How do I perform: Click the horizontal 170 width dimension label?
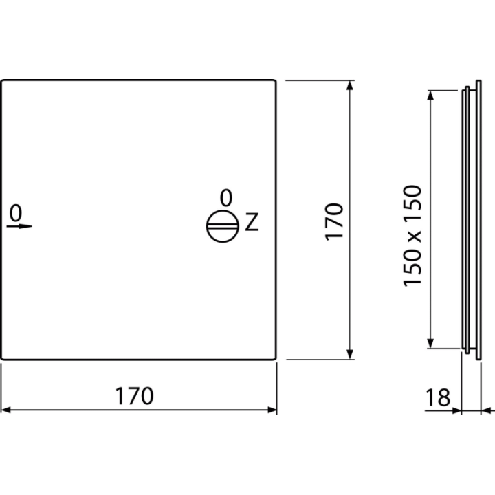tap(134, 395)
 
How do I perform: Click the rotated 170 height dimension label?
tap(334, 222)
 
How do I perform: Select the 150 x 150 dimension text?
tap(412, 236)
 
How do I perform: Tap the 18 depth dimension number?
tap(438, 397)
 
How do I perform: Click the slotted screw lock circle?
tap(223, 226)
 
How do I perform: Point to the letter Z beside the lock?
tap(252, 222)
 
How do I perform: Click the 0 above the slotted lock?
tap(226, 198)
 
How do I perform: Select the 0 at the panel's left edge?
tap(16, 212)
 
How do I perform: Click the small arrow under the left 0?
tap(19, 226)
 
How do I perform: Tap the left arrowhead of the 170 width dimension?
tap(5, 410)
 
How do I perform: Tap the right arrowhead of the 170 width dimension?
tap(272, 410)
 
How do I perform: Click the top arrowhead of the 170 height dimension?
tap(349, 85)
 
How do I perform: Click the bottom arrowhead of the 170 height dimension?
tap(349, 355)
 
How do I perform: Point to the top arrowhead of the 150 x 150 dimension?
tap(430, 96)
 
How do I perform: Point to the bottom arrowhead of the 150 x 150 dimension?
tap(430, 344)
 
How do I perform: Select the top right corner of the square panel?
tap(276, 81)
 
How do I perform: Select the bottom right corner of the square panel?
tap(276, 359)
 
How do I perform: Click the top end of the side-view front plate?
tap(478, 81)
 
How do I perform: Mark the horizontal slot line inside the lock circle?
tap(223, 227)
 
